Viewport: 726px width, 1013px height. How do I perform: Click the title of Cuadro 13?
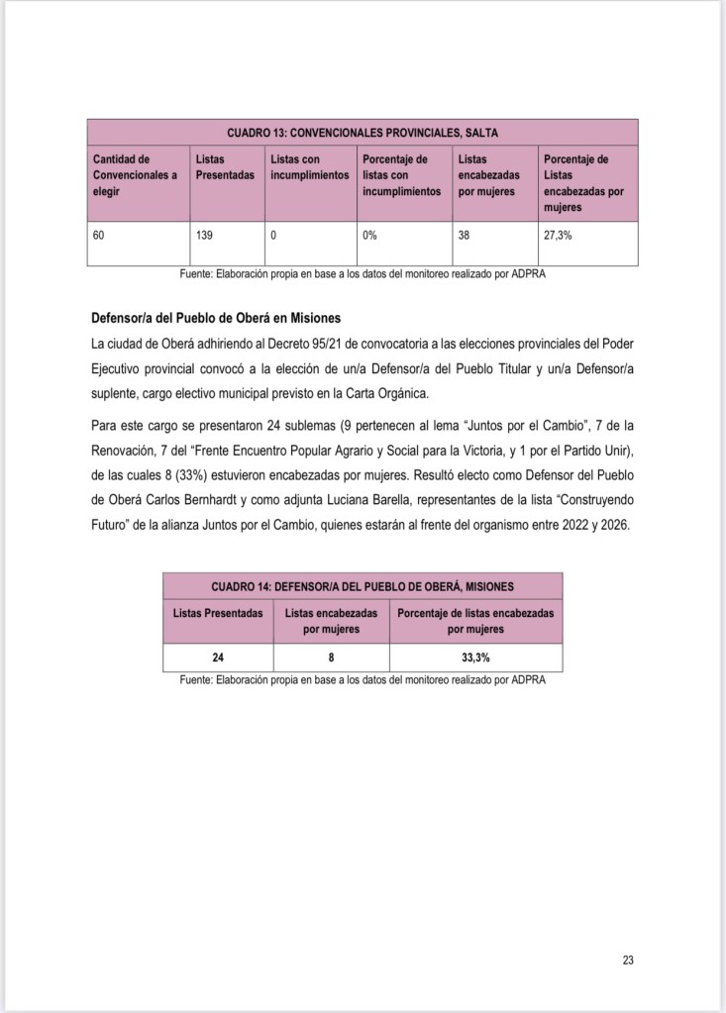pyautogui.click(x=362, y=132)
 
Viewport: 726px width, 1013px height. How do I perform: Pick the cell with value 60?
pyautogui.click(x=99, y=237)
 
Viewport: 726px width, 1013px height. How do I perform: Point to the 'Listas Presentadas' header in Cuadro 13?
pyautogui.click(x=225, y=167)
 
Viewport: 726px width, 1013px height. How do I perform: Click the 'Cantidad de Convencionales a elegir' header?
pyautogui.click(x=135, y=175)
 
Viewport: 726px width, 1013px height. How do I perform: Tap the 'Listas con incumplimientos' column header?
pyautogui.click(x=309, y=167)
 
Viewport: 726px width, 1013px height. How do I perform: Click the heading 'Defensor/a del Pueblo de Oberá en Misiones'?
pyautogui.click(x=215, y=319)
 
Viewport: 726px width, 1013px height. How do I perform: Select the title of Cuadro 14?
pyautogui.click(x=363, y=585)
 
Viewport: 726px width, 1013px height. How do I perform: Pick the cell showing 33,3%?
pyautogui.click(x=476, y=657)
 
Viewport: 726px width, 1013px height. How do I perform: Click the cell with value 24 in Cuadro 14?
pyautogui.click(x=218, y=657)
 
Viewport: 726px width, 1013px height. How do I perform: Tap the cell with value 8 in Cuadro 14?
pyautogui.click(x=331, y=657)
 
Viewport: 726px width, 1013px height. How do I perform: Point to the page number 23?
pyautogui.click(x=628, y=960)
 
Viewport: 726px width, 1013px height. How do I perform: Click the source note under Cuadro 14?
pyautogui.click(x=363, y=680)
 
